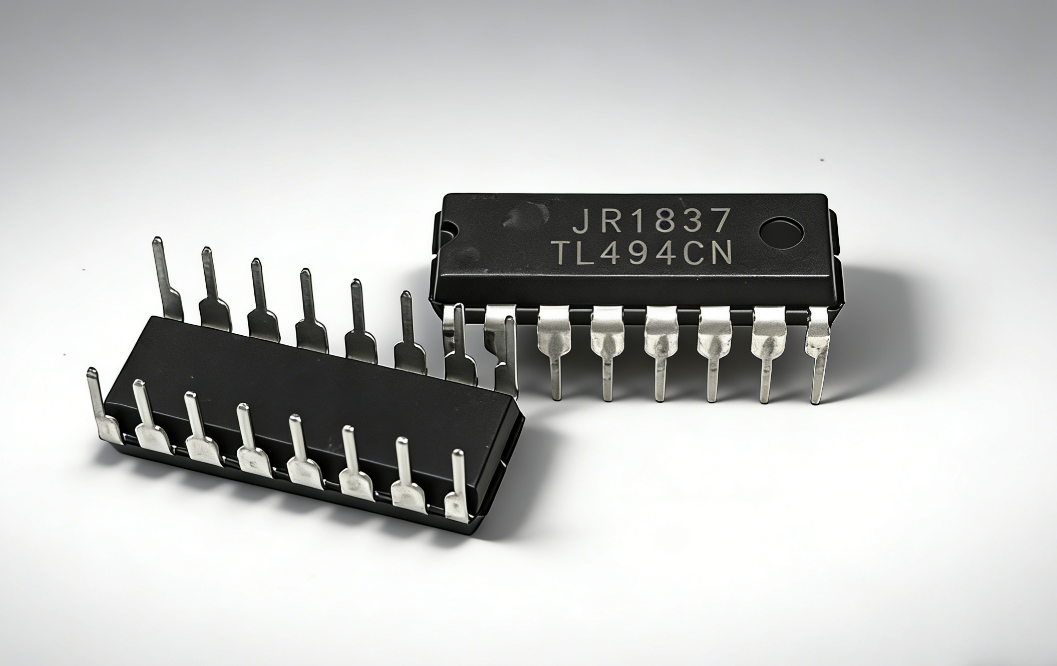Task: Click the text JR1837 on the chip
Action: pyautogui.click(x=651, y=221)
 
